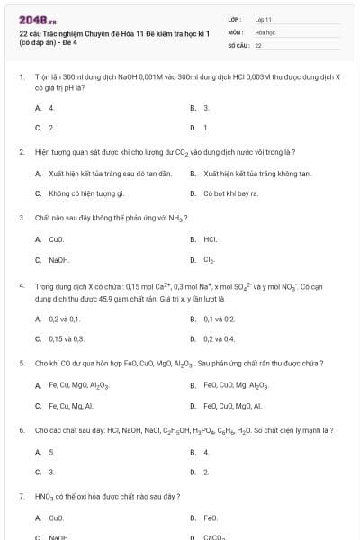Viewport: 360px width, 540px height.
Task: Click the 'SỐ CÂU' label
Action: (x=238, y=44)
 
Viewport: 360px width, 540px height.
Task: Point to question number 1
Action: (x=21, y=77)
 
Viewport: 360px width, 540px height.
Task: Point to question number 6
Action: (x=21, y=430)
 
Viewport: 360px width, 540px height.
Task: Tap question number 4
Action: (x=21, y=284)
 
